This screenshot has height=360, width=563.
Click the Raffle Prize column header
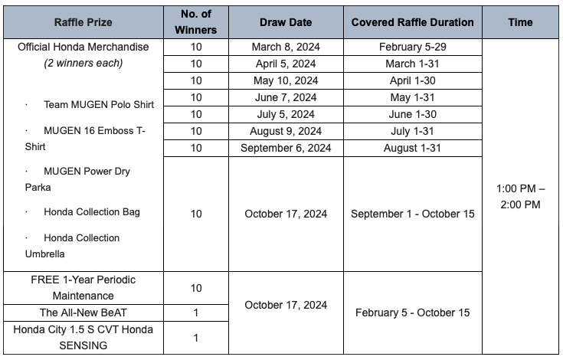[x=83, y=22]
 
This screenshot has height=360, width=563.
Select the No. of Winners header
[x=195, y=22]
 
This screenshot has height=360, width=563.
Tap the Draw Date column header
[x=285, y=22]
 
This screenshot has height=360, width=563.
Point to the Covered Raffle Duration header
[x=412, y=22]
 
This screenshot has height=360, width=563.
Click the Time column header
[x=520, y=22]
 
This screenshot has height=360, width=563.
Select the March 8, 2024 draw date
[x=285, y=47]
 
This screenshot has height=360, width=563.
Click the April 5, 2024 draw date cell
[x=285, y=64]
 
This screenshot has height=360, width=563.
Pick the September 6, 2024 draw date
[x=285, y=148]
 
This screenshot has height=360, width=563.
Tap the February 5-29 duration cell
[x=412, y=47]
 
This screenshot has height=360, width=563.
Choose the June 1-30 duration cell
[x=412, y=114]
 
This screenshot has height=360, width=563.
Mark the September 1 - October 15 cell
[x=412, y=214]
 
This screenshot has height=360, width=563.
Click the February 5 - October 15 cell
[x=412, y=313]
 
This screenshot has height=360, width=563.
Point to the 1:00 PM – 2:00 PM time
[x=520, y=196]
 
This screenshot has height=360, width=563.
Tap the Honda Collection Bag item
[x=92, y=211]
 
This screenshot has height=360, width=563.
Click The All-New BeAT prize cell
[x=83, y=313]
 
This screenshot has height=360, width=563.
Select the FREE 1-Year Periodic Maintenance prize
[x=83, y=287]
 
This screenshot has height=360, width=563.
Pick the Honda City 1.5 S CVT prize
[x=83, y=337]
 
